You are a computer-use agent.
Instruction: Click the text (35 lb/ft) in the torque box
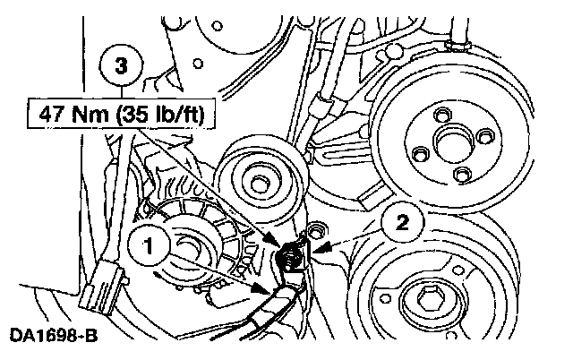pos(163,115)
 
